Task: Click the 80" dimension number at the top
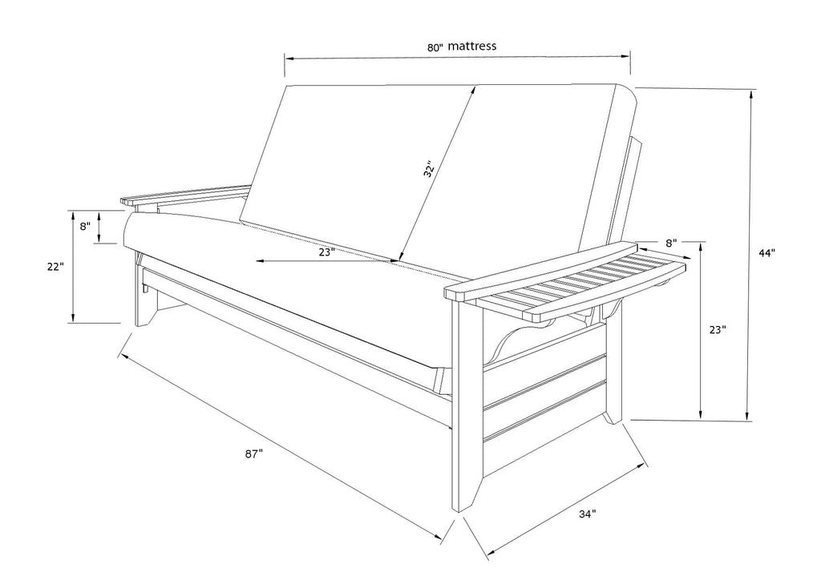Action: click(435, 47)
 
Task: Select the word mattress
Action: click(471, 46)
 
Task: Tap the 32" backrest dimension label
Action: click(430, 169)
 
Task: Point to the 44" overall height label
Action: click(766, 253)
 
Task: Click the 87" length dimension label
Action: click(253, 454)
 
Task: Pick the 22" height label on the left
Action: click(55, 266)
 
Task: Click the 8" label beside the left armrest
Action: click(85, 226)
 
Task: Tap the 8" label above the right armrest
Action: click(671, 243)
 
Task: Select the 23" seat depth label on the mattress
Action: click(326, 252)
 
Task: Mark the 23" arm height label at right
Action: click(718, 330)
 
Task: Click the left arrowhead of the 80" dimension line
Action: click(289, 58)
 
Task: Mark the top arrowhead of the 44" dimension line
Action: click(752, 95)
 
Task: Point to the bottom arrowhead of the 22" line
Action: click(74, 317)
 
